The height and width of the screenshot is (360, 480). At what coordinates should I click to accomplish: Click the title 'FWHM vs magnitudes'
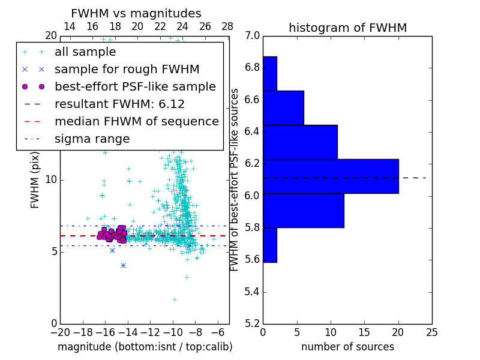pos(136,14)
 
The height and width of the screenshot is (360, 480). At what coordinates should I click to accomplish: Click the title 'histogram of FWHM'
pos(347,28)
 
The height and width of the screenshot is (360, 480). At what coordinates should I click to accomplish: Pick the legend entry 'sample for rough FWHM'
pos(127,70)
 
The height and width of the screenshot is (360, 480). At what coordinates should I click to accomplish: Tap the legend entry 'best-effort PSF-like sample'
pos(135,87)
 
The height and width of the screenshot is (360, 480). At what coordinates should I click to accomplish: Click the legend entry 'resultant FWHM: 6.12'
pos(119,104)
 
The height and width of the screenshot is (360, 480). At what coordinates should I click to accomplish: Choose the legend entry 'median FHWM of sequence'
pos(136,122)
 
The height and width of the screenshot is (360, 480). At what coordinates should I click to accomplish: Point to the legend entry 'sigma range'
pos(92,139)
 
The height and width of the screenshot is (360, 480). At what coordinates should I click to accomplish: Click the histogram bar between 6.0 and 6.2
pos(331,176)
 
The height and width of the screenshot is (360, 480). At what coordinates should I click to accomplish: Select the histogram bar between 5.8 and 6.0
pos(304,211)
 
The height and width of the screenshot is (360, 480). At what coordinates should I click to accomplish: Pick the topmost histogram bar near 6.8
pos(270,74)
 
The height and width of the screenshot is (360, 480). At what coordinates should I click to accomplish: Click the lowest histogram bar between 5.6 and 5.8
pos(270,245)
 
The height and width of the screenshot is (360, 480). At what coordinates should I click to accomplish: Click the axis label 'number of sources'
pos(347,347)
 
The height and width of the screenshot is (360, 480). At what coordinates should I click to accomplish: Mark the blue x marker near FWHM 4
pos(123,265)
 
